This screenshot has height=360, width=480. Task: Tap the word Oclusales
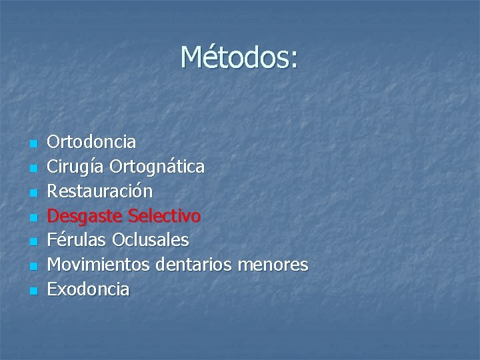(151, 240)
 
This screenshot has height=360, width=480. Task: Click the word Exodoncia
(90, 289)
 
